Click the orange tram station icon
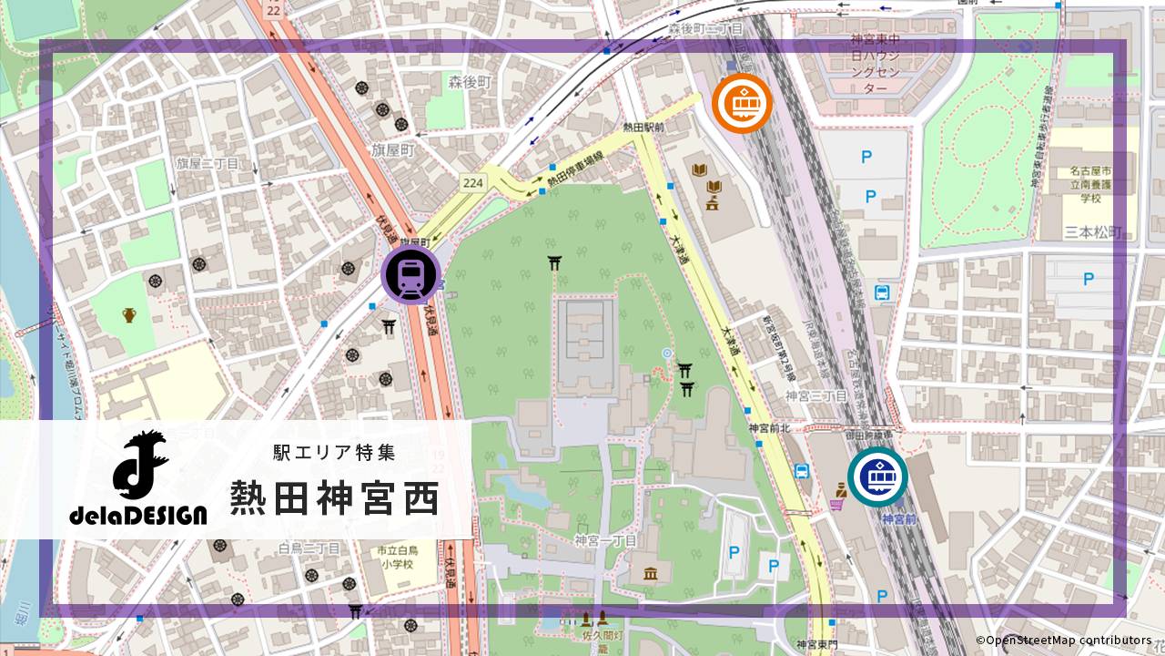click(x=742, y=103)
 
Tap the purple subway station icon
click(x=410, y=275)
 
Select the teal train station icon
click(x=877, y=477)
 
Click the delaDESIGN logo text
click(x=138, y=516)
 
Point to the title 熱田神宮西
click(x=333, y=498)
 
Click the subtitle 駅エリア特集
click(x=333, y=452)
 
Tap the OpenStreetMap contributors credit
click(x=1063, y=641)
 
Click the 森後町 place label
click(x=470, y=82)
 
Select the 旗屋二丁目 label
click(x=208, y=164)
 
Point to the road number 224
click(x=472, y=182)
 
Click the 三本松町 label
click(x=1093, y=231)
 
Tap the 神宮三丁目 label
click(x=815, y=396)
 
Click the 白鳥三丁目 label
click(x=309, y=548)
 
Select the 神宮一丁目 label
click(x=604, y=540)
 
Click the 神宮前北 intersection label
click(x=770, y=428)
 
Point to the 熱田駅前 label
click(x=643, y=129)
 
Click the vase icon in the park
click(x=129, y=315)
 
